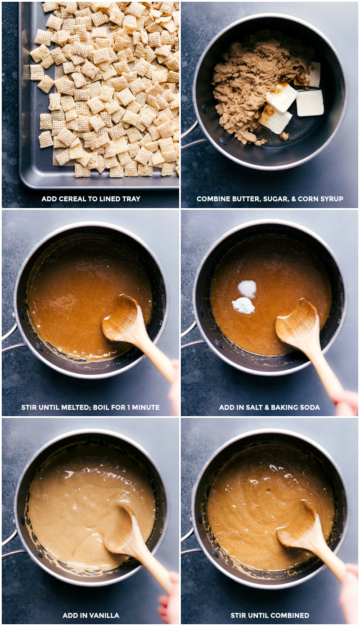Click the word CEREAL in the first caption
[x=72, y=199]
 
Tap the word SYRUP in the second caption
[x=330, y=199]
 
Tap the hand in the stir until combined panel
[x=349, y=594]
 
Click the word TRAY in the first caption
[x=130, y=199]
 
